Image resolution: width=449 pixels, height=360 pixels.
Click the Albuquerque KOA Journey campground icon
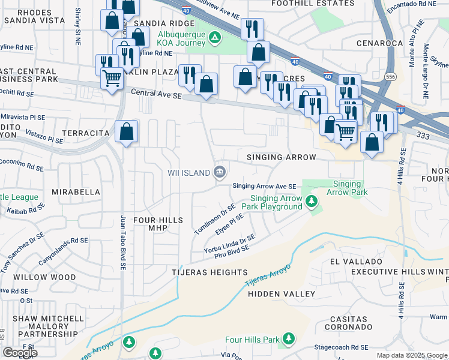[x=215, y=38]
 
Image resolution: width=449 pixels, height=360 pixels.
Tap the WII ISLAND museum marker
[x=220, y=173]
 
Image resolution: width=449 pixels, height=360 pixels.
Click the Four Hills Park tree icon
[x=288, y=340]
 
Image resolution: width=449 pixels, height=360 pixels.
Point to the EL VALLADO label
[x=357, y=262]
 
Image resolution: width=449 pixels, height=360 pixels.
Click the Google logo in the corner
[x=20, y=353]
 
